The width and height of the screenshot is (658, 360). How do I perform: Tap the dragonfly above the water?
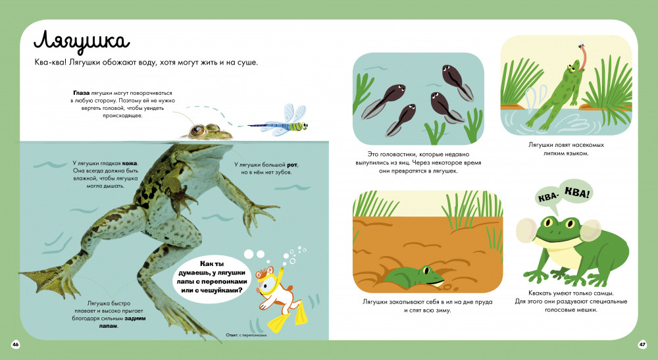tap(280, 122)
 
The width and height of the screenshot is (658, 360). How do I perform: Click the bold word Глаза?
tap(81, 93)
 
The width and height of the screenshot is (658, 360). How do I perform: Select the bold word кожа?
tap(130, 163)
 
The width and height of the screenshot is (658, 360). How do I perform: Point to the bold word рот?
tap(292, 165)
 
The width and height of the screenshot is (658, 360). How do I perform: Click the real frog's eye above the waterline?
tap(196, 131)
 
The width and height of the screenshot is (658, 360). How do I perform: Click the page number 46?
tap(16, 344)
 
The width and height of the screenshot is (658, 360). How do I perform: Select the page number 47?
tap(642, 344)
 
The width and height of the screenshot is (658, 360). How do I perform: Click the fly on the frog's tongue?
tap(582, 43)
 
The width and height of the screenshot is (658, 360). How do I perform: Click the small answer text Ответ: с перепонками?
tap(246, 335)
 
